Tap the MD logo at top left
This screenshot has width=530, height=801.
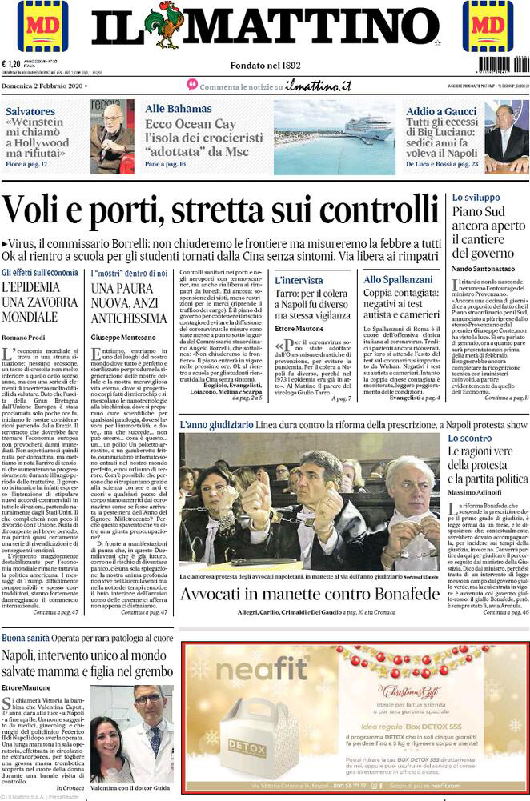click(x=42, y=26)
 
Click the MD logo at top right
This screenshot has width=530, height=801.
click(x=488, y=26)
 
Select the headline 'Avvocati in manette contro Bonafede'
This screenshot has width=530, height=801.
click(x=310, y=594)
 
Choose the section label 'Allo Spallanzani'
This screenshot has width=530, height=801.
click(x=398, y=279)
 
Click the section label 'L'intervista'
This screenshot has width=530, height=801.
click(x=299, y=280)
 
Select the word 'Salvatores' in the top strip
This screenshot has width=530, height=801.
click(x=35, y=111)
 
